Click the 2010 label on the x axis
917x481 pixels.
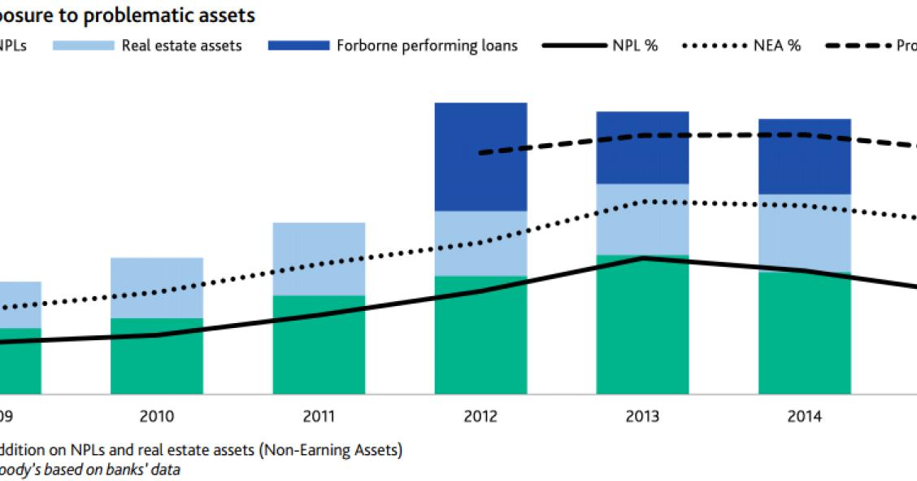156,417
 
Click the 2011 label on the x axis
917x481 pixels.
319,417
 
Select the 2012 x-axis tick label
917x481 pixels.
480,417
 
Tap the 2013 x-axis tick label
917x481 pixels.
642,417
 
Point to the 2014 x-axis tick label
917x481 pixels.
804,417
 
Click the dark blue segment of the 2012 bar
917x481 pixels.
480,156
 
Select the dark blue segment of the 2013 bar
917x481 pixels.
642,147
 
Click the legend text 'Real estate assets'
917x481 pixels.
181,46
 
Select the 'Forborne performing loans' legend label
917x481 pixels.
427,46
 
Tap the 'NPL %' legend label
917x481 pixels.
634,46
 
